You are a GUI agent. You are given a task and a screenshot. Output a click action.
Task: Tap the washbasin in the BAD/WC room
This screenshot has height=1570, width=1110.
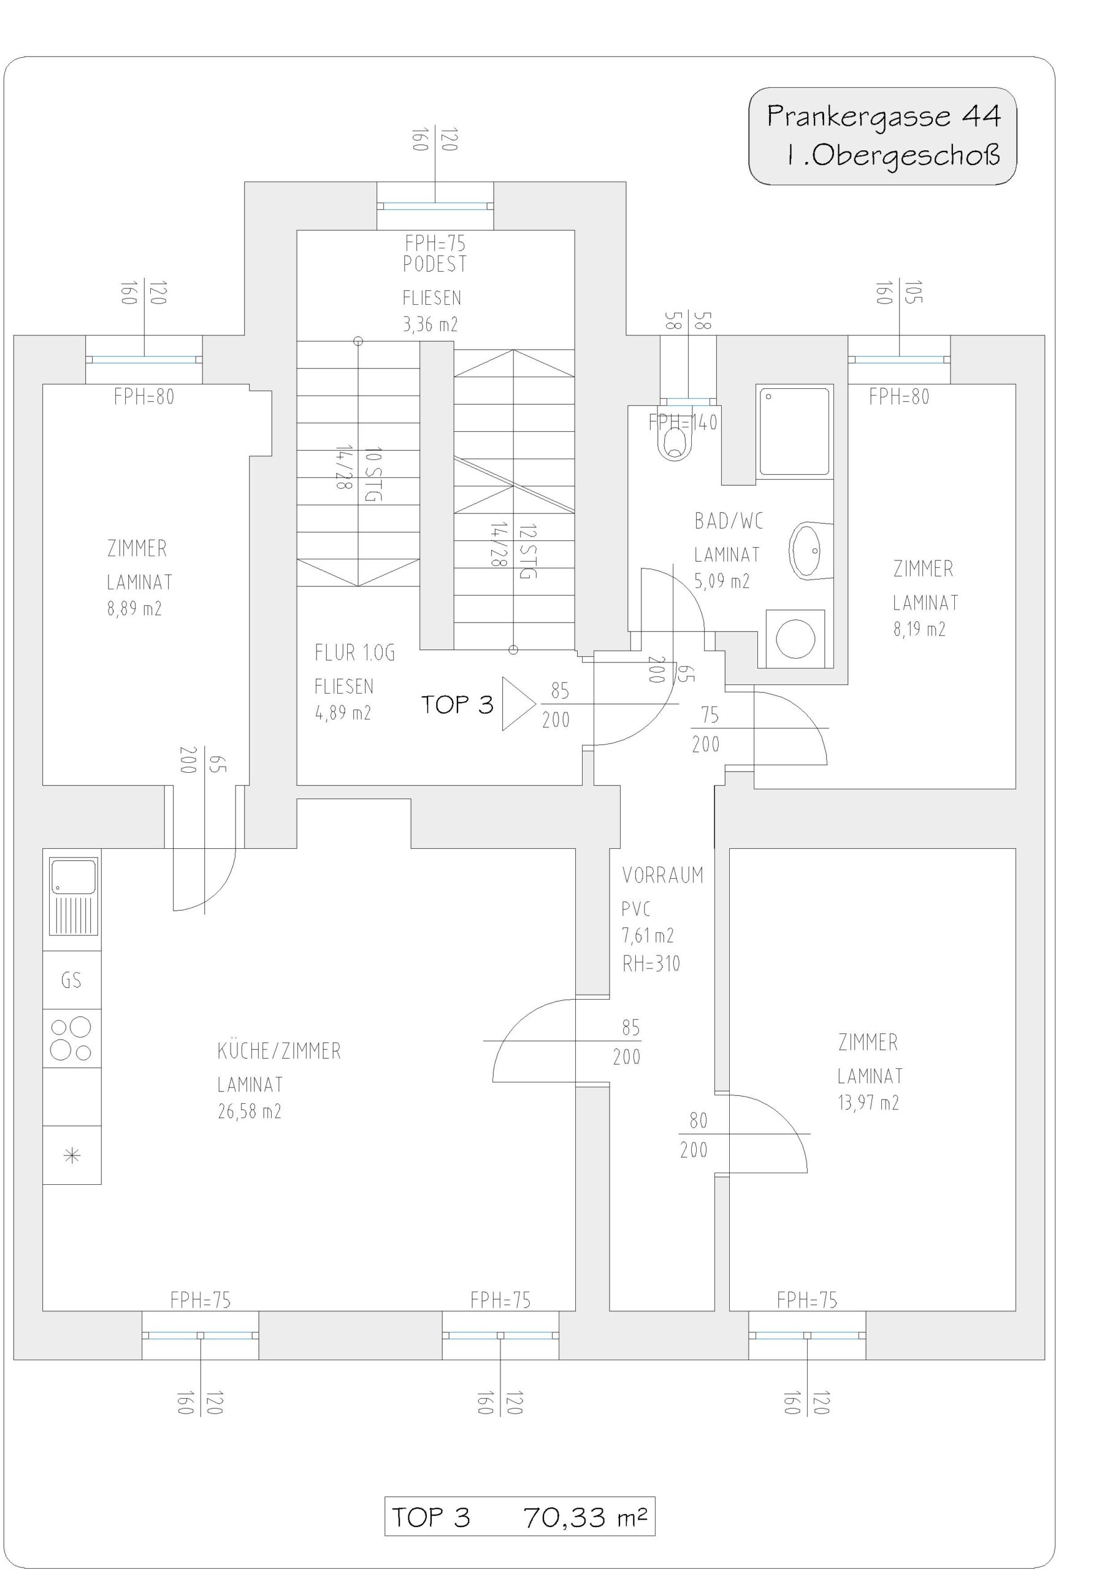pyautogui.click(x=811, y=549)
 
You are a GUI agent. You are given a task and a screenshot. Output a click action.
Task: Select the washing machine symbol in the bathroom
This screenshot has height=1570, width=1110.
pyautogui.click(x=795, y=638)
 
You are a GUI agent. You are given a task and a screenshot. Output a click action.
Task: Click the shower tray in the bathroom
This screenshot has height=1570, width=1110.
pyautogui.click(x=795, y=430)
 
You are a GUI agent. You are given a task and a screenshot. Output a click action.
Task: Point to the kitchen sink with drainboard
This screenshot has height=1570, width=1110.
pyautogui.click(x=72, y=897)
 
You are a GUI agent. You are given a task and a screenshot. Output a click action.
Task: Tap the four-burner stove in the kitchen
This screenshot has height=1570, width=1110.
pyautogui.click(x=72, y=1038)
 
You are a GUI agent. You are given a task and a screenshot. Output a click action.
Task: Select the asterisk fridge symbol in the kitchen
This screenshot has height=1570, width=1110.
pyautogui.click(x=72, y=1155)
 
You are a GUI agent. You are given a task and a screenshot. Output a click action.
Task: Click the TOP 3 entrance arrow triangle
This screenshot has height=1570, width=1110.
pyautogui.click(x=518, y=703)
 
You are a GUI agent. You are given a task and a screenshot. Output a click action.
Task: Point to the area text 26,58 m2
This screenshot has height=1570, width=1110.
pyautogui.click(x=250, y=1111)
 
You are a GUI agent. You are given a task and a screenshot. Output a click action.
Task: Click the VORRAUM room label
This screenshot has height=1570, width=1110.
pyautogui.click(x=663, y=875)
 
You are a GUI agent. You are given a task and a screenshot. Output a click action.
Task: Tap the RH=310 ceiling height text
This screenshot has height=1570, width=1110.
pyautogui.click(x=651, y=964)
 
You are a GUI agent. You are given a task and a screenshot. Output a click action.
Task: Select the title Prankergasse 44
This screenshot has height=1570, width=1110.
pyautogui.click(x=884, y=117)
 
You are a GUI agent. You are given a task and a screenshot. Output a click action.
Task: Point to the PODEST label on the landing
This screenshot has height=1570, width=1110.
pyautogui.click(x=435, y=263)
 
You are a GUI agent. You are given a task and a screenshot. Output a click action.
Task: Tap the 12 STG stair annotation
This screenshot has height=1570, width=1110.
pyautogui.click(x=528, y=552)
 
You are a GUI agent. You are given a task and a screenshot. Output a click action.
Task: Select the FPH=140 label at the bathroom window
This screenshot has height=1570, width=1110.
pyautogui.click(x=683, y=423)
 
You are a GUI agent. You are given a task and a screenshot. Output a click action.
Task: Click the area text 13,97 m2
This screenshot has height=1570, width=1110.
pyautogui.click(x=868, y=1102)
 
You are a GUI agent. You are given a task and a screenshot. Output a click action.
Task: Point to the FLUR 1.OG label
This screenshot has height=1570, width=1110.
pyautogui.click(x=355, y=653)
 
